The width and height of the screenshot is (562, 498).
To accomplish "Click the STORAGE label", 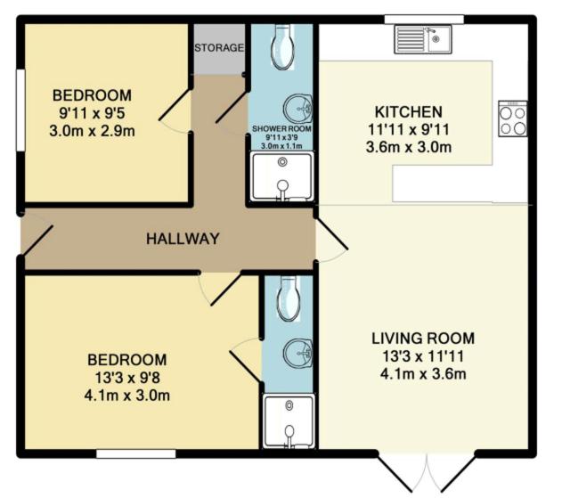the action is click(219, 48).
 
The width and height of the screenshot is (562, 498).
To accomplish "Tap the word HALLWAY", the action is click(183, 239).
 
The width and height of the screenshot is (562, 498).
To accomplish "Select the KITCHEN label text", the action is click(408, 112).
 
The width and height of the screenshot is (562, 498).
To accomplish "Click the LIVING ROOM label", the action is click(423, 339).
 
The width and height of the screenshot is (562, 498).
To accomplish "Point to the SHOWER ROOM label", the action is click(281, 128).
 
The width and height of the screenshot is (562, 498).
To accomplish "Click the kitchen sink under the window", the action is click(423, 39).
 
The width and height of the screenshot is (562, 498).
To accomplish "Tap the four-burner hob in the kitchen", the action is click(513, 118).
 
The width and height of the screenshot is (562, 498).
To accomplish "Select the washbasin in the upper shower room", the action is click(297, 109).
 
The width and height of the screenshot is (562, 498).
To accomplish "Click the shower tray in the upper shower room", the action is click(282, 176).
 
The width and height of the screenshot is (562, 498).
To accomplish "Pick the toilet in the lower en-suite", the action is click(289, 298).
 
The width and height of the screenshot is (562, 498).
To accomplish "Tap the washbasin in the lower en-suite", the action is click(297, 353).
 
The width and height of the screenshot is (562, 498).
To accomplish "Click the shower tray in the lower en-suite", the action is click(289, 421).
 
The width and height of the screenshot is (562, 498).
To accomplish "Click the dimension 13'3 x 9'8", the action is click(127, 378).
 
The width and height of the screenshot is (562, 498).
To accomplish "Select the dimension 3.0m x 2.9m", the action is click(92, 131).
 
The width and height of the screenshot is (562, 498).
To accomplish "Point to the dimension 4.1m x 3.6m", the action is click(423, 374).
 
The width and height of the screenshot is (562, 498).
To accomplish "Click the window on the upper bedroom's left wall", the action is click(20, 110).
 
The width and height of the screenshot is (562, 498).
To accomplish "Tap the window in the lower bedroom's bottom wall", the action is click(136, 453).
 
